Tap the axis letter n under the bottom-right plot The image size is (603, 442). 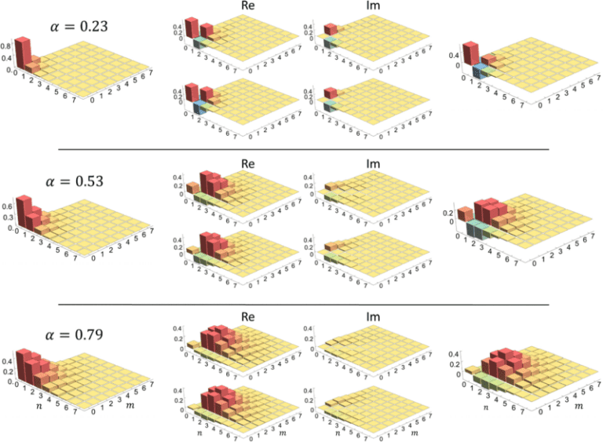tap(486, 407)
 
